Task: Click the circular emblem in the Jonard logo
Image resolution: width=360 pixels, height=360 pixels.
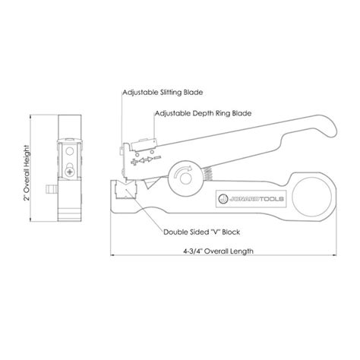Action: pyautogui.click(x=223, y=196)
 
